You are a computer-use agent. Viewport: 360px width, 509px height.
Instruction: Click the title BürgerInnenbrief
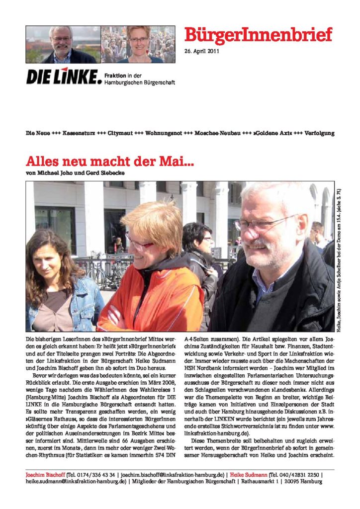point(258,35)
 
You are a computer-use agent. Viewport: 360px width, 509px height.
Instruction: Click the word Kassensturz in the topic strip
point(85,134)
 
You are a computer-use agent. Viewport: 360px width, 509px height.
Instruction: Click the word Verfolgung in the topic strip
point(319,134)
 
